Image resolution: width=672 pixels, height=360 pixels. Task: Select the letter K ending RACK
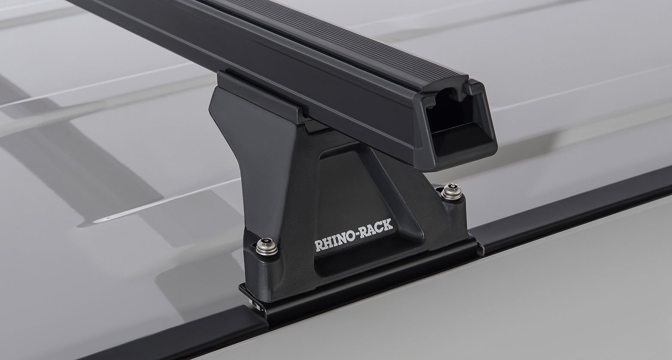pyautogui.click(x=388, y=224)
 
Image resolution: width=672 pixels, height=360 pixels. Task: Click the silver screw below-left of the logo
pyautogui.click(x=267, y=246)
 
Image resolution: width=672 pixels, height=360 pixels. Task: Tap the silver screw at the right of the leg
pyautogui.click(x=452, y=191)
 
